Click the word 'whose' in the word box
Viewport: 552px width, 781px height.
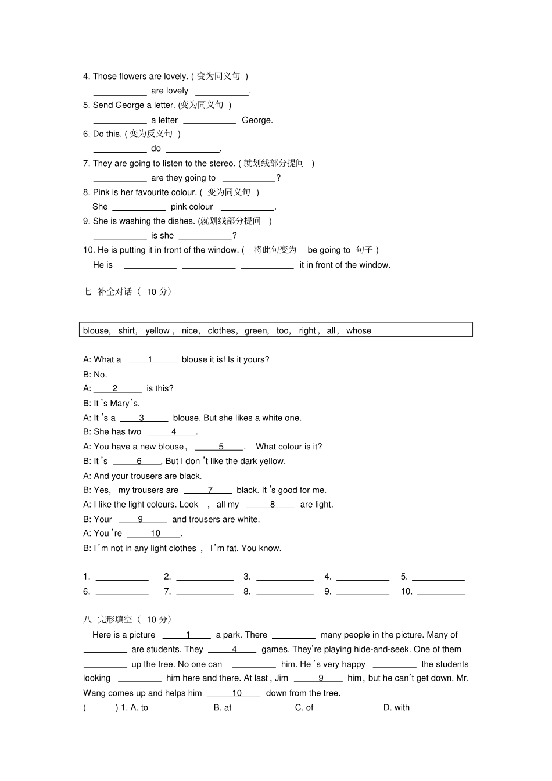[359, 331]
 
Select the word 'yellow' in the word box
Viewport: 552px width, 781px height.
[157, 331]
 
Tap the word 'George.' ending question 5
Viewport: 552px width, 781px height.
[257, 120]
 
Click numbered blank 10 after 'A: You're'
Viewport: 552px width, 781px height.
[155, 534]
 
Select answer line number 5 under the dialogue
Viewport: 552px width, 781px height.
[438, 577]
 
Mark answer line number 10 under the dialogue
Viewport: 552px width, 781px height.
[441, 592]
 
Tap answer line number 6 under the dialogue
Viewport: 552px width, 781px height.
[122, 592]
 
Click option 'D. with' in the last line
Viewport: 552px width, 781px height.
[396, 708]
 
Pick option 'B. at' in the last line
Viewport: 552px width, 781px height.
[223, 708]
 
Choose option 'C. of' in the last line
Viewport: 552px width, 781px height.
[304, 708]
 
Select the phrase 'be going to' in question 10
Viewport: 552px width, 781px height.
[329, 250]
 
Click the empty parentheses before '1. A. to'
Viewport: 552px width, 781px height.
[101, 708]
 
